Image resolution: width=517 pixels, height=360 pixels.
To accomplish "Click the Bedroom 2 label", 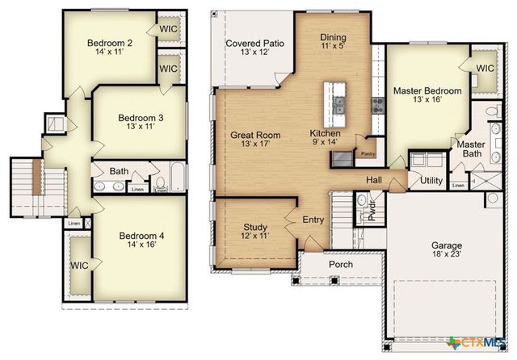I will [110, 44].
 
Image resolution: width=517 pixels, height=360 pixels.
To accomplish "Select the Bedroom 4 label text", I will [141, 236].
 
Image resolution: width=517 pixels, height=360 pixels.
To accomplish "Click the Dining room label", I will [333, 37].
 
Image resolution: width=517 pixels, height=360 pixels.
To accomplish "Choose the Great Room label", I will [255, 135].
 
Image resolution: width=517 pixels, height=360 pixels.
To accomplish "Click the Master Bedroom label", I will [427, 90].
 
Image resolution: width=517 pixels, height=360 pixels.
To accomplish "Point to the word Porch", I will [340, 264].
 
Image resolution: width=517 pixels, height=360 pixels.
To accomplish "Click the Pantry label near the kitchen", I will [368, 153].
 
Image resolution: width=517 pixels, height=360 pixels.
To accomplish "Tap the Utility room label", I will [431, 180].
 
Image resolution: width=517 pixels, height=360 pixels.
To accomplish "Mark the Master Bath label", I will [470, 149].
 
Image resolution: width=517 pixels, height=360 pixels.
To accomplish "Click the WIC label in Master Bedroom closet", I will [485, 69].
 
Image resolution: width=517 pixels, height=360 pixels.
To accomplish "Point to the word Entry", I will [313, 220].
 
